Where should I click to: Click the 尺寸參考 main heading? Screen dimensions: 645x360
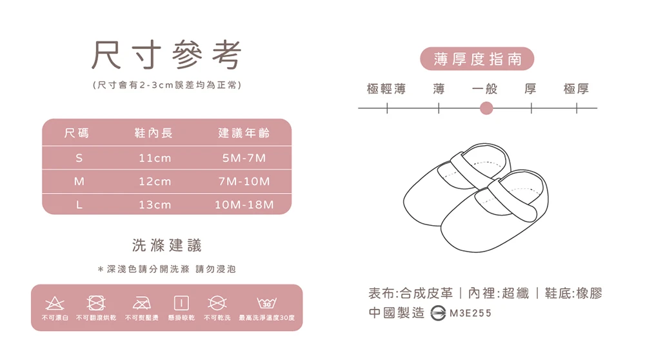pyautogui.click(x=166, y=55)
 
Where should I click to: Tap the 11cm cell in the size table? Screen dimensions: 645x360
pyautogui.click(x=155, y=158)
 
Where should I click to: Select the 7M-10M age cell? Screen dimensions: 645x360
pyautogui.click(x=244, y=181)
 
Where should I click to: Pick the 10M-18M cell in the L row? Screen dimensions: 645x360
pyautogui.click(x=244, y=205)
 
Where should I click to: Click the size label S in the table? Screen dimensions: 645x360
pyautogui.click(x=79, y=158)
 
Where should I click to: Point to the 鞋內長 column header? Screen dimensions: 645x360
pyautogui.click(x=154, y=133)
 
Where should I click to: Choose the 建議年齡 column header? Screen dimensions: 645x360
pyautogui.click(x=244, y=133)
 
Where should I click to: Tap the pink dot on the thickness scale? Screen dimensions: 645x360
pyautogui.click(x=486, y=108)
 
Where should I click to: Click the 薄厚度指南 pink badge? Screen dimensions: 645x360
pyautogui.click(x=477, y=59)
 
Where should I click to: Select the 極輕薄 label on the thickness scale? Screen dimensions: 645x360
pyautogui.click(x=386, y=88)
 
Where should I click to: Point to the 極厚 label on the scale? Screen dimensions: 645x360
pyautogui.click(x=576, y=88)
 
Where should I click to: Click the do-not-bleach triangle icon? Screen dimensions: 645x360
pyautogui.click(x=55, y=303)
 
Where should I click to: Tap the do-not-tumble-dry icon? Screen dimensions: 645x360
pyautogui.click(x=96, y=303)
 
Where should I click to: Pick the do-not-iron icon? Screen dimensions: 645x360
pyautogui.click(x=141, y=303)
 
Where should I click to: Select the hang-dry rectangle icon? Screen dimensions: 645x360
pyautogui.click(x=181, y=303)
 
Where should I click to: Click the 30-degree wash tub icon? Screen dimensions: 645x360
pyautogui.click(x=266, y=303)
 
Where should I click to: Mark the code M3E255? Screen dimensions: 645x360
pyautogui.click(x=471, y=314)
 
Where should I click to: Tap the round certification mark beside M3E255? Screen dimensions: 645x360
pyautogui.click(x=438, y=314)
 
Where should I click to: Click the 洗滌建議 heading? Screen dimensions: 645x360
pyautogui.click(x=166, y=245)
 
